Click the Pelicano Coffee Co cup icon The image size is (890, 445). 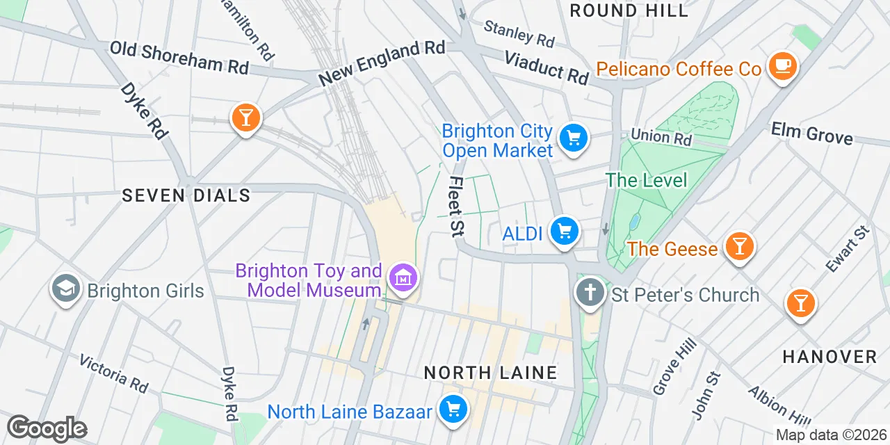point(783,66)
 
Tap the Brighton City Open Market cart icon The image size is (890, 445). point(574,137)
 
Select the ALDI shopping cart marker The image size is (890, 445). point(564,231)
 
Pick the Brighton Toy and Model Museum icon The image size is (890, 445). point(404,277)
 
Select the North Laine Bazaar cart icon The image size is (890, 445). point(453,410)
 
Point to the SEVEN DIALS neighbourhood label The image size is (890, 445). point(186,195)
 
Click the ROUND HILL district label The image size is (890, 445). point(629,10)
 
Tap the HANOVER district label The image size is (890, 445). point(830,357)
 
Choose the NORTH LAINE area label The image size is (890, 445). point(490,373)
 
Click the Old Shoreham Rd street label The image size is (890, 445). point(179,58)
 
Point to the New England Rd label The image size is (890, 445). point(382,63)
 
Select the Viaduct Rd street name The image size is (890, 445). point(547,67)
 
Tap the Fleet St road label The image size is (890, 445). point(457,206)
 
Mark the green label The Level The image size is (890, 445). point(646,180)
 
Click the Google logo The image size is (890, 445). point(47,429)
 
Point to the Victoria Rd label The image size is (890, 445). point(114,371)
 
